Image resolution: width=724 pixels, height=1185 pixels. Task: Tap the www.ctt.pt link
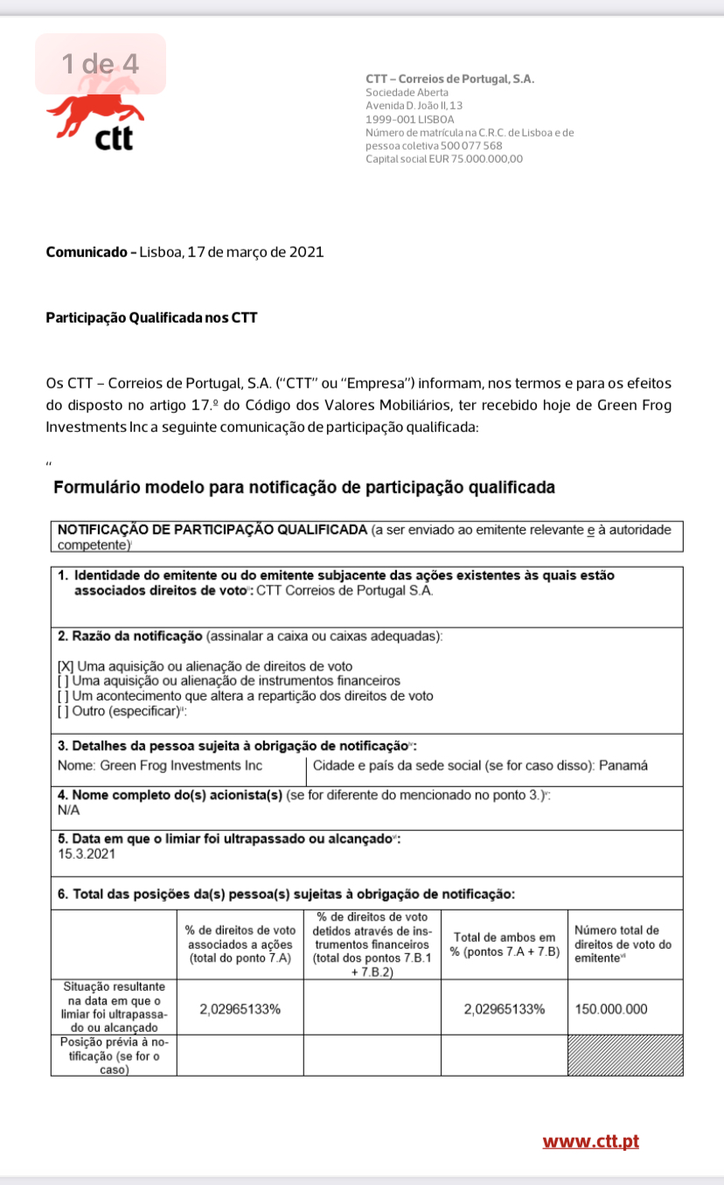[x=591, y=1141]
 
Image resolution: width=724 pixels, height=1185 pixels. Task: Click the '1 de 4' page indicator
[x=100, y=64]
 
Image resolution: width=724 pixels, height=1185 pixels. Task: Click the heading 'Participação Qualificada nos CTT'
[x=151, y=318]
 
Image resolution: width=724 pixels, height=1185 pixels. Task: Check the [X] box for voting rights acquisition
[x=65, y=666]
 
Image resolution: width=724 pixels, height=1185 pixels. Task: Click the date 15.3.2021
[x=82, y=854]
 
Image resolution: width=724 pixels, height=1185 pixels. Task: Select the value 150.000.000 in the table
[x=612, y=1008]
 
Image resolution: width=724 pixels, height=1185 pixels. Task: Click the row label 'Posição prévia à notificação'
[x=113, y=1056]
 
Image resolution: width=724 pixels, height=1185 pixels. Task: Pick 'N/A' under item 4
[x=68, y=811]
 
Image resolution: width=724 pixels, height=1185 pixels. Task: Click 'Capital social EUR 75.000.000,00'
[x=444, y=159]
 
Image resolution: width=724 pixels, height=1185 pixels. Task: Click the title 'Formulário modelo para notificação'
[x=304, y=488]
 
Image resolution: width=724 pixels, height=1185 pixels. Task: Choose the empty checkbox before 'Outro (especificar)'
[x=62, y=711]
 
